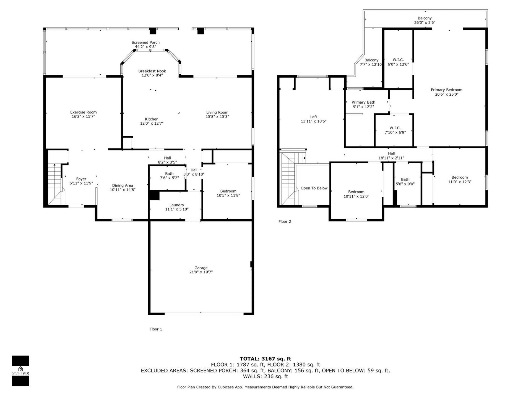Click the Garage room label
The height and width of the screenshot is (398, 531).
(201, 268)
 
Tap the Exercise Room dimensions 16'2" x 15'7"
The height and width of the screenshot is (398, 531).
(83, 117)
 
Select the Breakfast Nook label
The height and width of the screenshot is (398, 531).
(152, 71)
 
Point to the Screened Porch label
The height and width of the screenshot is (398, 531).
(145, 42)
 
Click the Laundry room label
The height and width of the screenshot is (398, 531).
(177, 205)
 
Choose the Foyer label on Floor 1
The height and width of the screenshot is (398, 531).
(81, 179)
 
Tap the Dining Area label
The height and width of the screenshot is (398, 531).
(123, 185)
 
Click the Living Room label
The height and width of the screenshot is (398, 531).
(217, 112)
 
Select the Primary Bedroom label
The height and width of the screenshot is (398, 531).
(446, 90)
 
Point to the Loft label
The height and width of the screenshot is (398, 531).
(314, 117)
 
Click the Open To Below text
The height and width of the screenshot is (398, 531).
(314, 188)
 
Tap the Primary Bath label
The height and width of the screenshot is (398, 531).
(363, 102)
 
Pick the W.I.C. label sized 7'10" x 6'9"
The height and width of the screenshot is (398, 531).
(395, 128)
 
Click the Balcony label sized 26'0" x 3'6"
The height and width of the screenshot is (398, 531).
(425, 18)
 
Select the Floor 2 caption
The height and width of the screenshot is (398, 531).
(285, 221)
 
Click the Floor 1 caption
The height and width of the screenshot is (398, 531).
(156, 329)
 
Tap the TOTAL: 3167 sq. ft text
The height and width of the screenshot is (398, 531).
(265, 359)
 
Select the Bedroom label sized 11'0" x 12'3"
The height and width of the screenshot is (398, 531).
(459, 177)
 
